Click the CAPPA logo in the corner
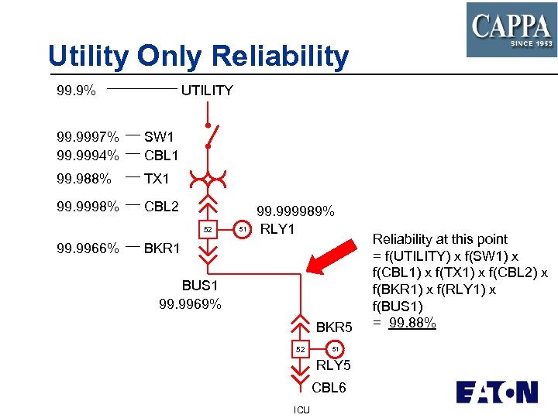(511, 29)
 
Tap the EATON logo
(496, 392)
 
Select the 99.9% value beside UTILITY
(77, 91)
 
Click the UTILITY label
(207, 91)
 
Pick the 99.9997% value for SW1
(88, 137)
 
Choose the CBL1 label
(161, 156)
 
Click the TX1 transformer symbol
(208, 180)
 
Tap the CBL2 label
(161, 207)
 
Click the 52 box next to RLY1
(207, 230)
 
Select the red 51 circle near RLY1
(243, 229)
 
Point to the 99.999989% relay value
(295, 211)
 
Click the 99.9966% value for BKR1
(88, 249)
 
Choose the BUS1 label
(200, 286)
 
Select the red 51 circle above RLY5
(333, 349)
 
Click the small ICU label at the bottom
(301, 409)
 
